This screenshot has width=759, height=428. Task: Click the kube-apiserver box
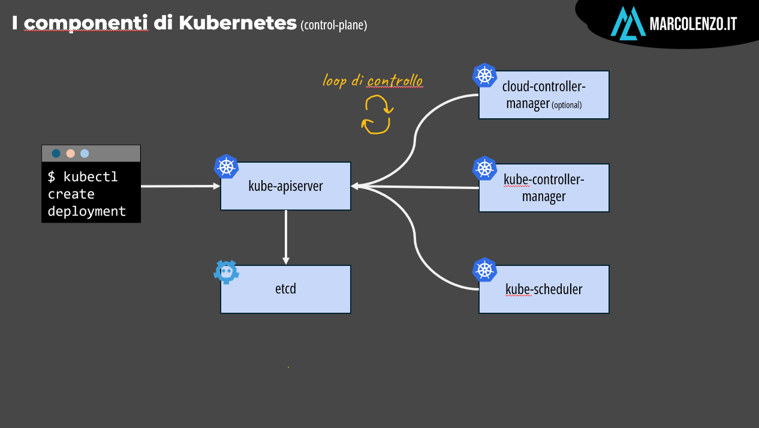285,186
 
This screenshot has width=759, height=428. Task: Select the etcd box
285,289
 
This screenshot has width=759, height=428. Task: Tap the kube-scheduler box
544,289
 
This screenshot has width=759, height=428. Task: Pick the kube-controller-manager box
544,188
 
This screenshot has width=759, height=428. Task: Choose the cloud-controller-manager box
544,95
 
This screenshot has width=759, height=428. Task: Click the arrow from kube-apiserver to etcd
286,237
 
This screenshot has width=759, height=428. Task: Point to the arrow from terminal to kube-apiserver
180,186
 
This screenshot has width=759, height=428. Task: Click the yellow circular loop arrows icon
377,115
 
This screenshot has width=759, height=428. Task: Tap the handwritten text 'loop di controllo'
373,81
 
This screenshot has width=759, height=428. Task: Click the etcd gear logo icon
227,272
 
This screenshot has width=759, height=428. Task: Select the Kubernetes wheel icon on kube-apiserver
227,166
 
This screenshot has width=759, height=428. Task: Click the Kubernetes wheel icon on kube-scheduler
484,270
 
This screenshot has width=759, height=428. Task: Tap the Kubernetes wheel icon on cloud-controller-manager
484,75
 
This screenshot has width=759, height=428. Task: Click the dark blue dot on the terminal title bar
56,154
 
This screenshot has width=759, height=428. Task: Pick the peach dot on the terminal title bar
71,154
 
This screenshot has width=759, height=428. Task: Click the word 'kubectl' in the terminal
91,176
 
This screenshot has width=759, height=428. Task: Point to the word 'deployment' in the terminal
87,211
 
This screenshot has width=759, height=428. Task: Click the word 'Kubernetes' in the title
238,23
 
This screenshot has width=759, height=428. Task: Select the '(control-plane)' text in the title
334,25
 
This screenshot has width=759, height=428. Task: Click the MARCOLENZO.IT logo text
693,24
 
